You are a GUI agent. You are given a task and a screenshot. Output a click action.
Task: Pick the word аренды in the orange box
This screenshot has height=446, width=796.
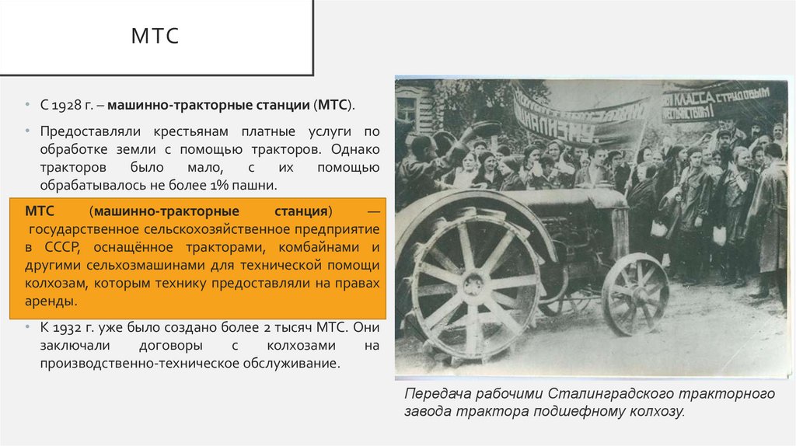pyautogui.click(x=49, y=300)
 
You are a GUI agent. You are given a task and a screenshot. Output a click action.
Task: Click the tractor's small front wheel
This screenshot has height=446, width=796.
pyautogui.click(x=635, y=294)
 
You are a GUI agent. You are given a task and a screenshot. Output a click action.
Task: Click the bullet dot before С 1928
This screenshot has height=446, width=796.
pyautogui.click(x=27, y=104)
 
